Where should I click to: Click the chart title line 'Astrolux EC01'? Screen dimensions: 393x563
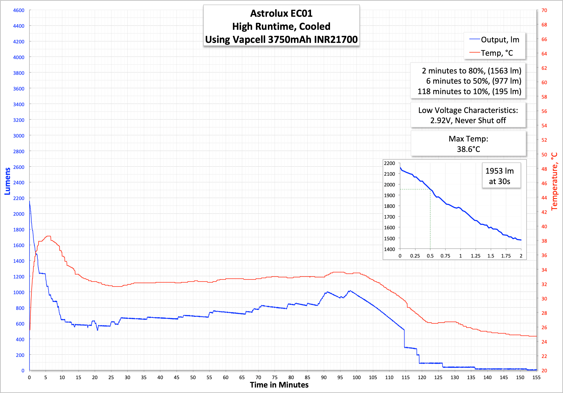click(281, 13)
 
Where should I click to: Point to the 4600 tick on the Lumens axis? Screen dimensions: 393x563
click(19, 10)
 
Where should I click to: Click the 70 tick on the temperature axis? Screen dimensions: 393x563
click(544, 10)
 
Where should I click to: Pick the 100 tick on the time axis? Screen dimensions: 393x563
click(356, 377)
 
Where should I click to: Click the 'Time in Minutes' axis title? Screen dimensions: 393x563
click(279, 385)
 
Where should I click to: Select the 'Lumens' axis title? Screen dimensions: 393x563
click(7, 181)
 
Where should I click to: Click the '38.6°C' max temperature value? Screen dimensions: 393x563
click(468, 149)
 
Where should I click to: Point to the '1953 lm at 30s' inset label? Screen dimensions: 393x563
click(499, 176)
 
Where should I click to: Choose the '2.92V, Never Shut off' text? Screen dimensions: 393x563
click(468, 121)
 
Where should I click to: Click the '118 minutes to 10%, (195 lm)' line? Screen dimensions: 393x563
click(469, 92)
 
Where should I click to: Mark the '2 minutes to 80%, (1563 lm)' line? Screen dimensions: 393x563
click(471, 71)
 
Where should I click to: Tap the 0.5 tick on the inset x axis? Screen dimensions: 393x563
click(430, 256)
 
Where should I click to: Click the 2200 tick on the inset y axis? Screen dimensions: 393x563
click(389, 163)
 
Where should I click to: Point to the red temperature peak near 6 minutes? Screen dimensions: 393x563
click(48, 236)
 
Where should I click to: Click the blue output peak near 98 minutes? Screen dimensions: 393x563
click(350, 291)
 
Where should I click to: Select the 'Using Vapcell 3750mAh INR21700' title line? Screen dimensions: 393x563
click(281, 39)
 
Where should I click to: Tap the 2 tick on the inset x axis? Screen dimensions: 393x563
click(521, 256)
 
